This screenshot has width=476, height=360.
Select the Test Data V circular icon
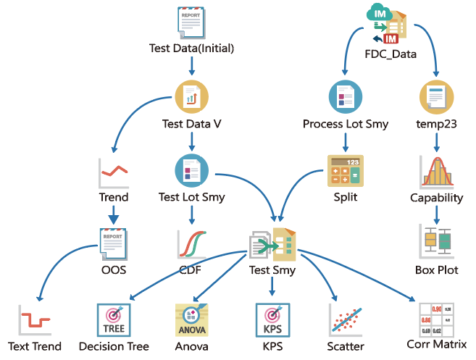click(x=192, y=96)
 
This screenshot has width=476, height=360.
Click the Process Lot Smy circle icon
click(x=346, y=97)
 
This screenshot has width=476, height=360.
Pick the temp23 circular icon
click(x=436, y=97)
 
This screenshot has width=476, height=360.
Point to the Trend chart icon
click(x=114, y=172)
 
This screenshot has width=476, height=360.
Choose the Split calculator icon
click(x=346, y=172)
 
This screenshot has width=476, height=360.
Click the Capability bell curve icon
click(x=436, y=172)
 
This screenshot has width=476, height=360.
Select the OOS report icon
click(x=114, y=244)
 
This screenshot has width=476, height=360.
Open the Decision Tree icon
click(x=114, y=319)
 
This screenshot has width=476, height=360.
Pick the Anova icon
click(x=192, y=319)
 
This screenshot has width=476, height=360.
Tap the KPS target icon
click(x=272, y=319)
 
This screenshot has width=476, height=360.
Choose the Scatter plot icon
click(x=346, y=319)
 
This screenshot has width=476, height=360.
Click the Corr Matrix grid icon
click(x=436, y=319)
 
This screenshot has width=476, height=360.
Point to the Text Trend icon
click(x=34, y=319)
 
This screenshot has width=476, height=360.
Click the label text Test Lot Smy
click(x=192, y=197)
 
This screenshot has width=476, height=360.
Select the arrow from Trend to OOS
click(x=114, y=215)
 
